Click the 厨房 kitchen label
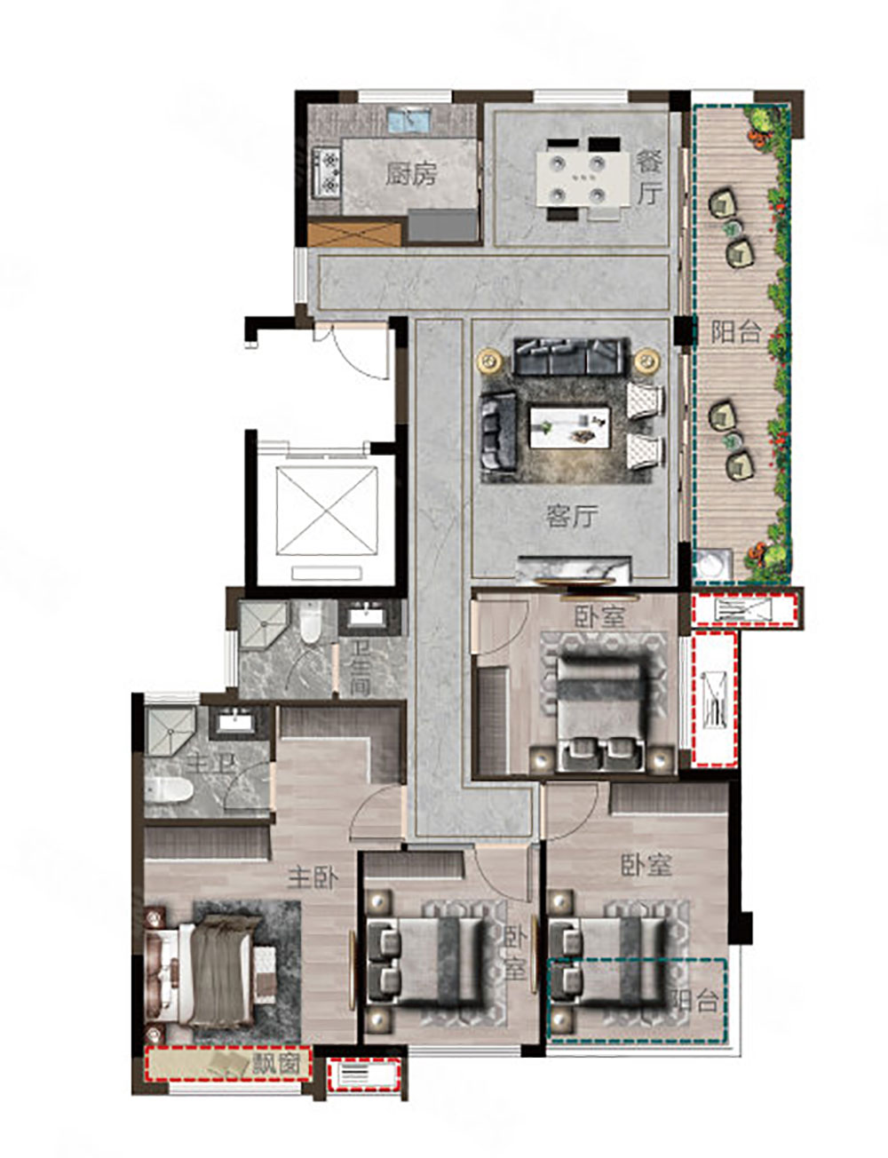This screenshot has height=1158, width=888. pos(411,174)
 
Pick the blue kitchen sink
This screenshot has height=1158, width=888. pos(408,121)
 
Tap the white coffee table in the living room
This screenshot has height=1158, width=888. pos(570,428)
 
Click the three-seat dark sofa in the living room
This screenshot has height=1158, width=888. pos(567,355)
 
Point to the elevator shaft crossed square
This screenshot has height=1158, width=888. pos(327,511)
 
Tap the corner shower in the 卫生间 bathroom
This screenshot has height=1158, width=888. pos(263,623)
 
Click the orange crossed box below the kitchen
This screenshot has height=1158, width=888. pos(354,234)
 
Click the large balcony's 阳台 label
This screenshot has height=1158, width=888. pos(735,332)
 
